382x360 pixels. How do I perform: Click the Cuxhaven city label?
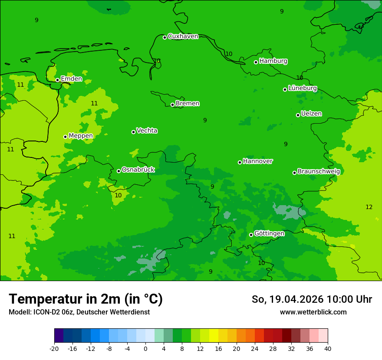[183, 36]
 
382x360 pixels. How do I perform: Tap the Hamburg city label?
[273, 61]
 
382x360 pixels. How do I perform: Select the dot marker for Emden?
[57, 80]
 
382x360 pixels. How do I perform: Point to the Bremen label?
[187, 104]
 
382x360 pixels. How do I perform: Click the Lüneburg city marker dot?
[285, 89]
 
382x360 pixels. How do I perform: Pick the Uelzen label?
[311, 114]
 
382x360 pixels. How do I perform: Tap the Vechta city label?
[147, 131]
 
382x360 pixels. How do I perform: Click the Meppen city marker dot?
[65, 137]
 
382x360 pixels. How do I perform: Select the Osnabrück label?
[138, 170]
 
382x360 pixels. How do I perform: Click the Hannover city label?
[257, 161]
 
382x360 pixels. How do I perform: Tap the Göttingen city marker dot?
[251, 235]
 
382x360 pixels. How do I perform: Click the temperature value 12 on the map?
[369, 207]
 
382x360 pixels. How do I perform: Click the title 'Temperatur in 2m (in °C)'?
[86, 299]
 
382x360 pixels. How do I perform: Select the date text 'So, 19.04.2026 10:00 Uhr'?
[312, 300]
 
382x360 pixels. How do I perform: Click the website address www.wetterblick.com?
[313, 312]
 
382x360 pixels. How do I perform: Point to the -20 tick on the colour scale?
[54, 349]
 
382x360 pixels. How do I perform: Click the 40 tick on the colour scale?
[328, 349]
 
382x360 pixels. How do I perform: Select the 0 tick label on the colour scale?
[145, 349]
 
